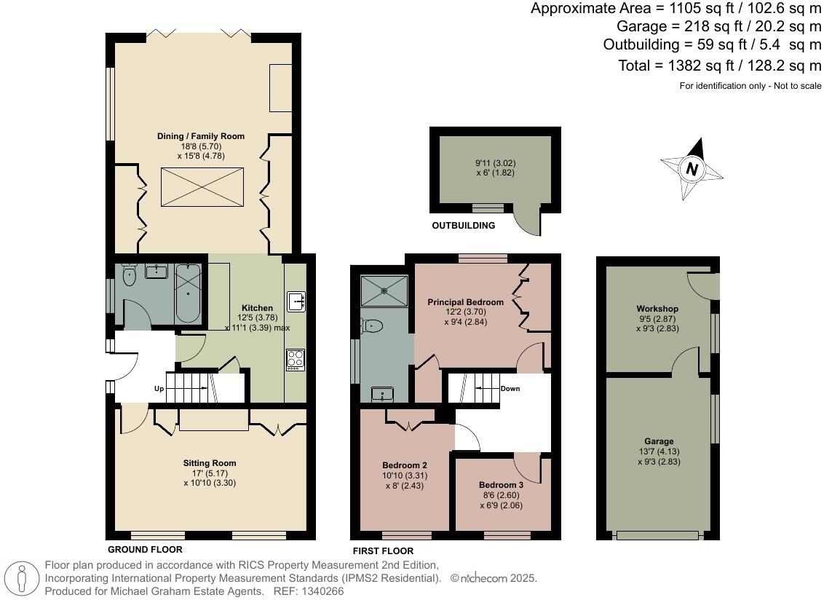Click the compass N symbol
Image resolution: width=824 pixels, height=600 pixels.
click(692, 170)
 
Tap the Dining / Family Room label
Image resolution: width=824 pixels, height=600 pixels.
click(201, 136)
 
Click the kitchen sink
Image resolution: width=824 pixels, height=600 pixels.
click(296, 300)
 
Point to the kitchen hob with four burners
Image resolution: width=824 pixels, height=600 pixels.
click(296, 360)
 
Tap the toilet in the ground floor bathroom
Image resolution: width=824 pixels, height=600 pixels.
click(129, 276)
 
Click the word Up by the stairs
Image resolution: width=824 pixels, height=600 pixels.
click(159, 389)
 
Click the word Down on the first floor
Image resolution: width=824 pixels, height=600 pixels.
click(510, 388)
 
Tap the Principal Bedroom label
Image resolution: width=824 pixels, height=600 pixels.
click(465, 302)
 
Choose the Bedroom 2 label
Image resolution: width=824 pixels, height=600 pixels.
click(405, 465)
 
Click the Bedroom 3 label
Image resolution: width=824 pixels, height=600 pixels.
click(501, 485)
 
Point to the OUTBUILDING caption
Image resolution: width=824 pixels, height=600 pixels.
click(463, 226)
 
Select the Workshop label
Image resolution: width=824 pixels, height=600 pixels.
click(657, 309)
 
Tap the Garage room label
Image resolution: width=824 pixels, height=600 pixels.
click(659, 441)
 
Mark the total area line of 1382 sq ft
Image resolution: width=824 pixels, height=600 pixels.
click(719, 66)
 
